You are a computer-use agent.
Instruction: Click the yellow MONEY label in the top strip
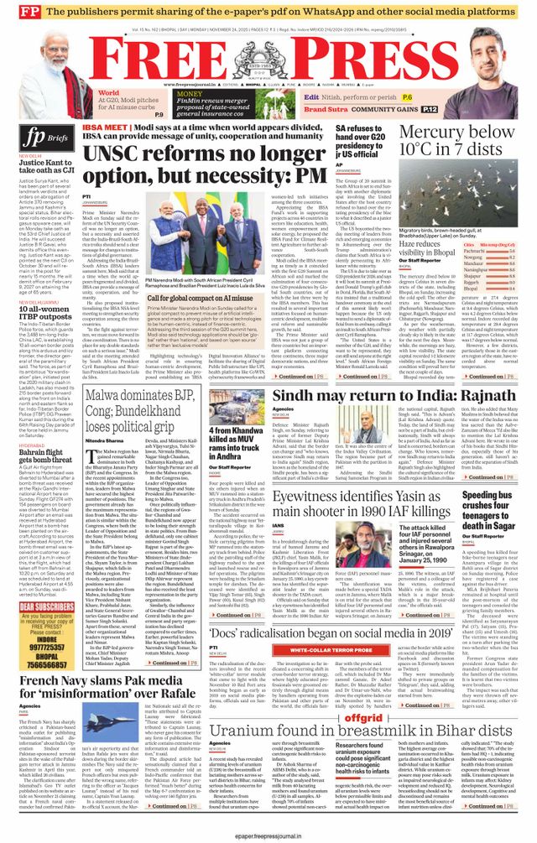pos(188,94)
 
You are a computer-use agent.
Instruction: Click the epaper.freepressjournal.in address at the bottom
pos(268,836)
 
